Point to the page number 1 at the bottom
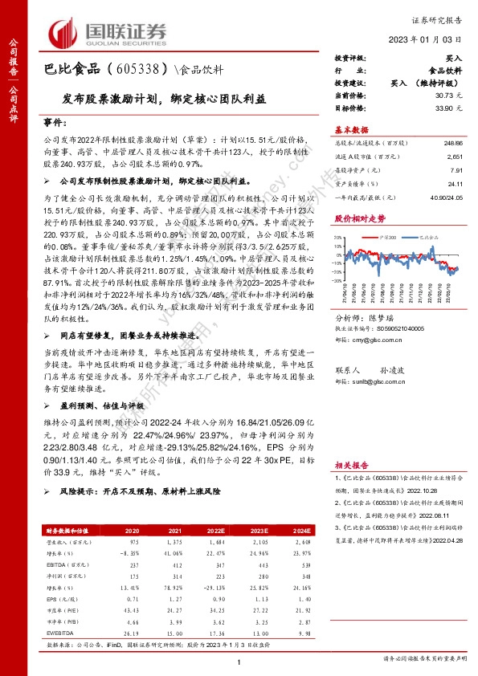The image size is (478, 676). click(239, 661)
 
